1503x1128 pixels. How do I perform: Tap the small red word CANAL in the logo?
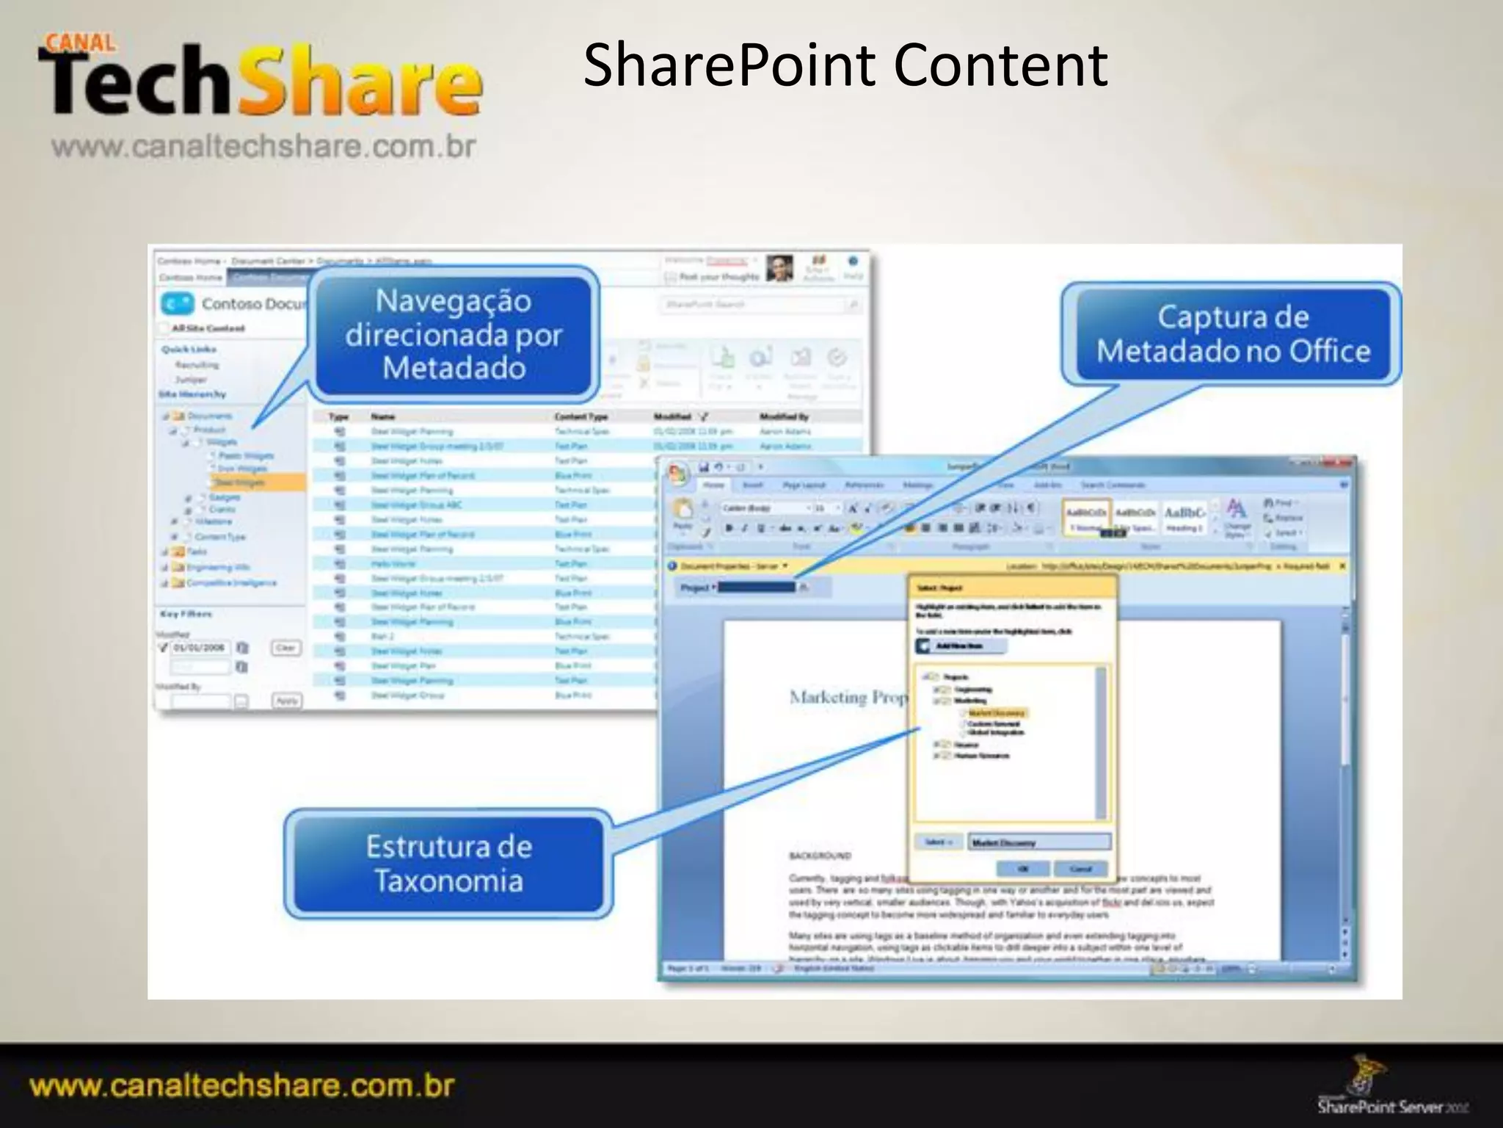81,43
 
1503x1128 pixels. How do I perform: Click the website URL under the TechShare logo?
263,147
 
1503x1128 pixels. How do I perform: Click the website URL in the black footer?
242,1085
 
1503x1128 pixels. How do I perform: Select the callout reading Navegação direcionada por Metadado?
453,335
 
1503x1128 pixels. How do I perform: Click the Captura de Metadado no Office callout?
1233,334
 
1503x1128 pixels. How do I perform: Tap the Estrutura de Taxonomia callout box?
448,864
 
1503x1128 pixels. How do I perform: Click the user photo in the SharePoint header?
779,269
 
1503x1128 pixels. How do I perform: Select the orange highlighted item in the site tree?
257,482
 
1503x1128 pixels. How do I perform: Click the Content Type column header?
581,416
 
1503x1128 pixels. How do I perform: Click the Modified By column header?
784,416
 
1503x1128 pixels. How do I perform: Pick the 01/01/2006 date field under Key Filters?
200,648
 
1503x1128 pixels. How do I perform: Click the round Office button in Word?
677,474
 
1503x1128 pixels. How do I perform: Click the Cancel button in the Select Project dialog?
1080,869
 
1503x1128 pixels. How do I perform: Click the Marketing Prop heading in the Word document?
848,698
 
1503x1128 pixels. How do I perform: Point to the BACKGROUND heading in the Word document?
820,856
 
